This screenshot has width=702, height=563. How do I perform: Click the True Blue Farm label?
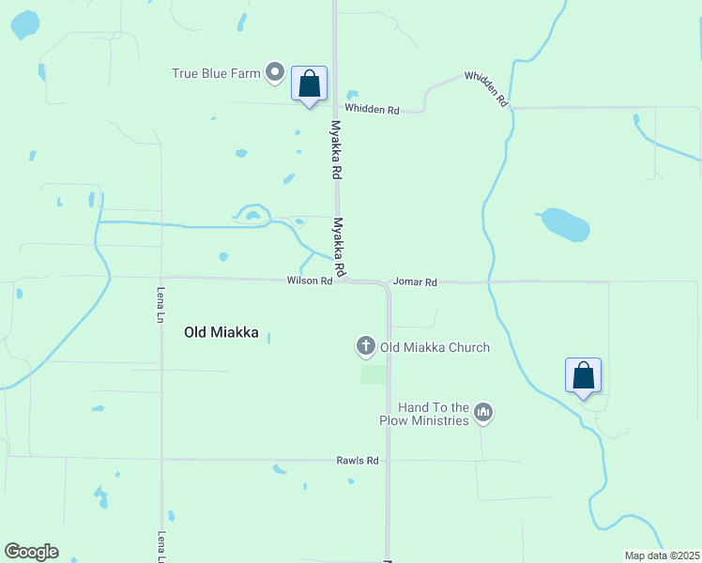pos(215,72)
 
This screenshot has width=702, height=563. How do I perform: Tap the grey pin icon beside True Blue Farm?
pos(275,71)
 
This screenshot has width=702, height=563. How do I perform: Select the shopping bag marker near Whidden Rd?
pos(310,84)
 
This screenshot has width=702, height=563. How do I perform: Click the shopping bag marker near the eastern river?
pos(583,376)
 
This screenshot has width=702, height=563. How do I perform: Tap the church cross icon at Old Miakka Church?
pos(366,347)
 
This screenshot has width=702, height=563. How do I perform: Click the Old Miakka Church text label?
pos(435,347)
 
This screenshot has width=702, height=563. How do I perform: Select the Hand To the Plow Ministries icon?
pos(483,412)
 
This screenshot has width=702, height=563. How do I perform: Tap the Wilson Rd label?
pos(309,281)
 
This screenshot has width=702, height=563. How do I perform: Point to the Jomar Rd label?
pos(415,281)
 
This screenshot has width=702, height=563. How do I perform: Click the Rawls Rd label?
pos(357,461)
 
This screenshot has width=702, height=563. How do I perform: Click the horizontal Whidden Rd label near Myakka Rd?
pos(372,110)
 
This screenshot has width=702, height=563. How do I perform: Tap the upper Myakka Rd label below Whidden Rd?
pos(335,150)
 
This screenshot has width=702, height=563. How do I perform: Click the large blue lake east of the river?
pos(566,224)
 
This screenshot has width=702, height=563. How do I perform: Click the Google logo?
pos(31,552)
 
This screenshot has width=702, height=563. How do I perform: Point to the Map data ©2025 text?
pos(661,555)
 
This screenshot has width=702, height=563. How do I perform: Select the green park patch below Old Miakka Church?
pos(374,373)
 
